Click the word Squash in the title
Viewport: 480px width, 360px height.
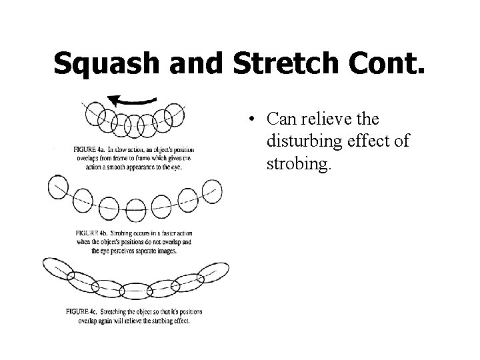[107, 63]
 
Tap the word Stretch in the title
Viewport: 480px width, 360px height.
[281, 63]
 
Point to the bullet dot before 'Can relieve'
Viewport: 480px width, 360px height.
[247, 120]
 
